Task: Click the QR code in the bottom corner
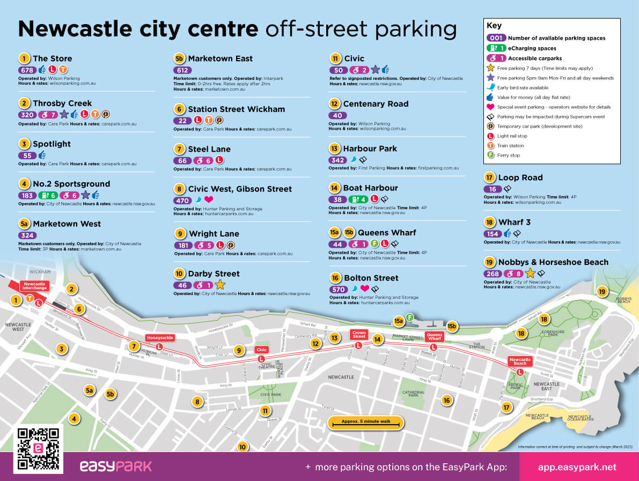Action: pyautogui.click(x=38, y=449)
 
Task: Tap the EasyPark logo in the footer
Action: pyautogui.click(x=115, y=466)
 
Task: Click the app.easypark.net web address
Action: pyautogui.click(x=577, y=467)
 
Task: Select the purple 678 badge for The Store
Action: pyautogui.click(x=27, y=70)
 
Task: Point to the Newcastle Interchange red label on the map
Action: pyautogui.click(x=34, y=286)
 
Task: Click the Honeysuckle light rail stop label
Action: pyautogui.click(x=159, y=338)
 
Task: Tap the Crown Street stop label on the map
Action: pyautogui.click(x=359, y=334)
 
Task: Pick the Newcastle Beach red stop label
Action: pyautogui.click(x=519, y=361)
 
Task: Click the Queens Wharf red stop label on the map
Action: pyautogui.click(x=434, y=337)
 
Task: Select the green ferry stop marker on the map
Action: pyautogui.click(x=409, y=317)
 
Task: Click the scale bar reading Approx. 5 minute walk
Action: pyautogui.click(x=365, y=422)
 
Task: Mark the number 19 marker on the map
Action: pyautogui.click(x=602, y=292)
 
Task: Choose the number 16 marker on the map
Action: pyautogui.click(x=446, y=399)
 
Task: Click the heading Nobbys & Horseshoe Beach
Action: pyautogui.click(x=553, y=262)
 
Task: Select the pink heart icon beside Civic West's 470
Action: pyautogui.click(x=209, y=200)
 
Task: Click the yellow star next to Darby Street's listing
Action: pyautogui.click(x=220, y=285)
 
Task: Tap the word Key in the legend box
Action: pyautogui.click(x=494, y=26)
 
